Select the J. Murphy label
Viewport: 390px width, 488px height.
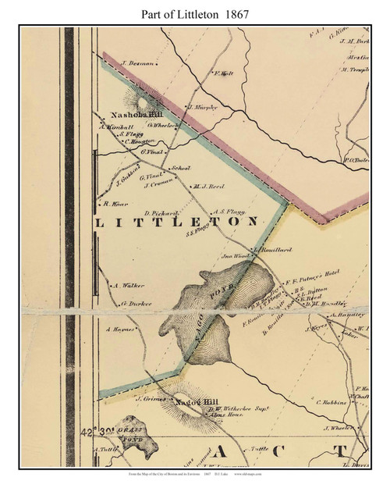(x=200, y=105)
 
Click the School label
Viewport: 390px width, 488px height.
(x=181, y=168)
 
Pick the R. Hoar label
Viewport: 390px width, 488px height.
(x=115, y=203)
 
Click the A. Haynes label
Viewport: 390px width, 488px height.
(x=122, y=329)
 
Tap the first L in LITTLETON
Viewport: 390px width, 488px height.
(x=98, y=223)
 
